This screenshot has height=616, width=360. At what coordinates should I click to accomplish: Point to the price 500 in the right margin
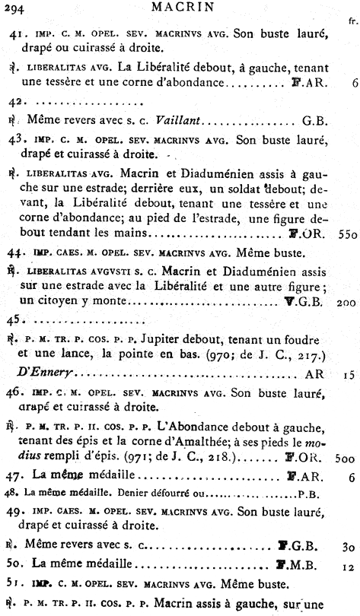point(345,458)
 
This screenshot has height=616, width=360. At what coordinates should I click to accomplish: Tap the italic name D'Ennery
point(43,373)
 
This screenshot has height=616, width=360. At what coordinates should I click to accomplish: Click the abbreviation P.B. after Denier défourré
point(309,494)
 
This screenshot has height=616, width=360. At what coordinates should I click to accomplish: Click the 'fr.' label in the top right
point(351,22)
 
